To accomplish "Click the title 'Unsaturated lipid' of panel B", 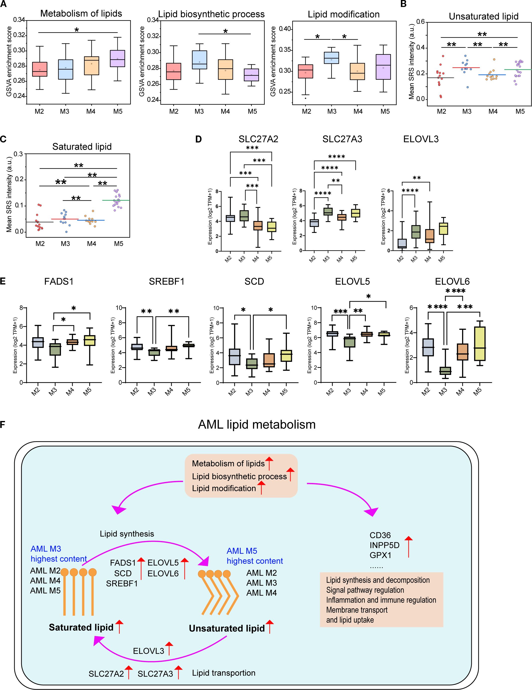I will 483,16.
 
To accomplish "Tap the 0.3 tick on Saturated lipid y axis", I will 19,154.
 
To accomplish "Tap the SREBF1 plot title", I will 166,281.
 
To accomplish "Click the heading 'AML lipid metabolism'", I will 257,424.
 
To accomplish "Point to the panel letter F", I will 3,424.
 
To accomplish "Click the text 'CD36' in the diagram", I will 380,536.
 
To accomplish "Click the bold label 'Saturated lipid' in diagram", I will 81,627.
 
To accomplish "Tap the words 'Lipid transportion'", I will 223,673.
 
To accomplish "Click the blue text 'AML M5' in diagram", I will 242,551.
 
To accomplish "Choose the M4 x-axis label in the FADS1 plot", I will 70,392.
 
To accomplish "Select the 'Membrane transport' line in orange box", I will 357,610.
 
